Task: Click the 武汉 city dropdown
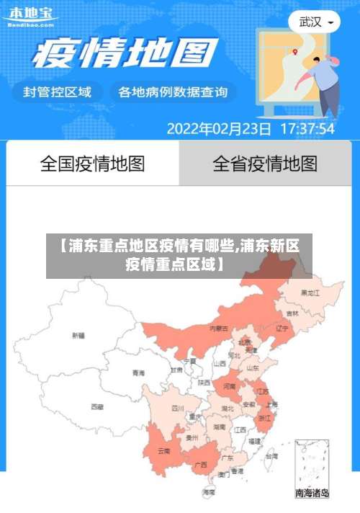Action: click(315, 22)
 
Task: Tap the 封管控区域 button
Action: click(57, 92)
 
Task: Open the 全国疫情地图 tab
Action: click(92, 164)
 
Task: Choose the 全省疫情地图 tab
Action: click(265, 164)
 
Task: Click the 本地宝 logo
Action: click(30, 15)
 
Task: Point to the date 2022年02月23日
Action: click(219, 130)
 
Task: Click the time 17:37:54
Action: click(307, 130)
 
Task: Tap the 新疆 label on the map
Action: click(78, 336)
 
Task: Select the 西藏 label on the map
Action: click(97, 407)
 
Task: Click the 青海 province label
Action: click(138, 373)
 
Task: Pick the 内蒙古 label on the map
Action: click(218, 328)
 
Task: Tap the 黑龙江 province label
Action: click(310, 293)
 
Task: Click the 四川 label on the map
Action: click(177, 408)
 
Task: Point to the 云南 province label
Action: click(164, 451)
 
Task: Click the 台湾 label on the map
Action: click(271, 456)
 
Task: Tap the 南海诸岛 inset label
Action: click(312, 494)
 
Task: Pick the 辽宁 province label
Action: click(282, 328)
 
